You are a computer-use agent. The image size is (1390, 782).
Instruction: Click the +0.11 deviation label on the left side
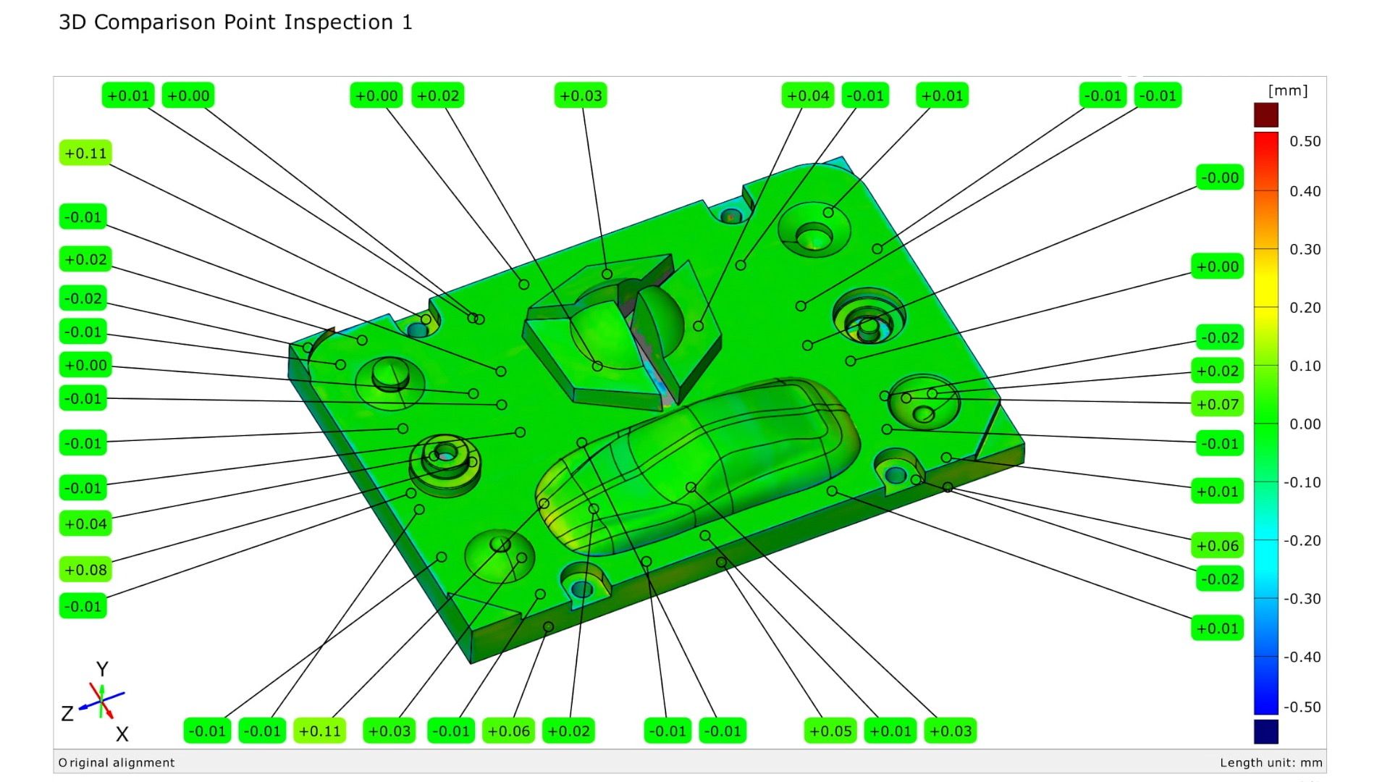85,154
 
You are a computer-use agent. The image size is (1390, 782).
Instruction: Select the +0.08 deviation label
85,570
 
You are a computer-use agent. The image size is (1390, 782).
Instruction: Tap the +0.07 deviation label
1218,404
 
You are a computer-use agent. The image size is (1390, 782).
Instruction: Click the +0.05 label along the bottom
830,731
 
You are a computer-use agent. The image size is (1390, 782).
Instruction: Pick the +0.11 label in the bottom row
319,731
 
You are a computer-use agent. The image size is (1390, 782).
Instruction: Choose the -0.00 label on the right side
1220,177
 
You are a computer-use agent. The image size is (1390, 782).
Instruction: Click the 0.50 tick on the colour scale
1305,141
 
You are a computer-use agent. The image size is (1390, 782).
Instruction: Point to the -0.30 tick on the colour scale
1302,599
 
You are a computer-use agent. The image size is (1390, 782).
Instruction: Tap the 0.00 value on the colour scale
1305,424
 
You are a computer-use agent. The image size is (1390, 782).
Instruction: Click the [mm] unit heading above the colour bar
1288,91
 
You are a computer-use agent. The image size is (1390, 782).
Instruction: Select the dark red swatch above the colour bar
1266,115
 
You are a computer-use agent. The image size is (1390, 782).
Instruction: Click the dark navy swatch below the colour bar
1266,731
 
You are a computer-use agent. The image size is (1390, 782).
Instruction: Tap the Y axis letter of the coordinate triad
102,668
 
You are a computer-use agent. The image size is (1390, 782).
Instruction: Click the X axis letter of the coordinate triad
122,734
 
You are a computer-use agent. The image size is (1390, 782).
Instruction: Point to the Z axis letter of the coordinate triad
67,714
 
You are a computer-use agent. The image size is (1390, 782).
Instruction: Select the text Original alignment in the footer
117,762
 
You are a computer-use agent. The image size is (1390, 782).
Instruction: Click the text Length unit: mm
1271,762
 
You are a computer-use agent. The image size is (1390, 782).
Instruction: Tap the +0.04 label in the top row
808,96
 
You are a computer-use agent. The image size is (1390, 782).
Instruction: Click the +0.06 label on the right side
1218,546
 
